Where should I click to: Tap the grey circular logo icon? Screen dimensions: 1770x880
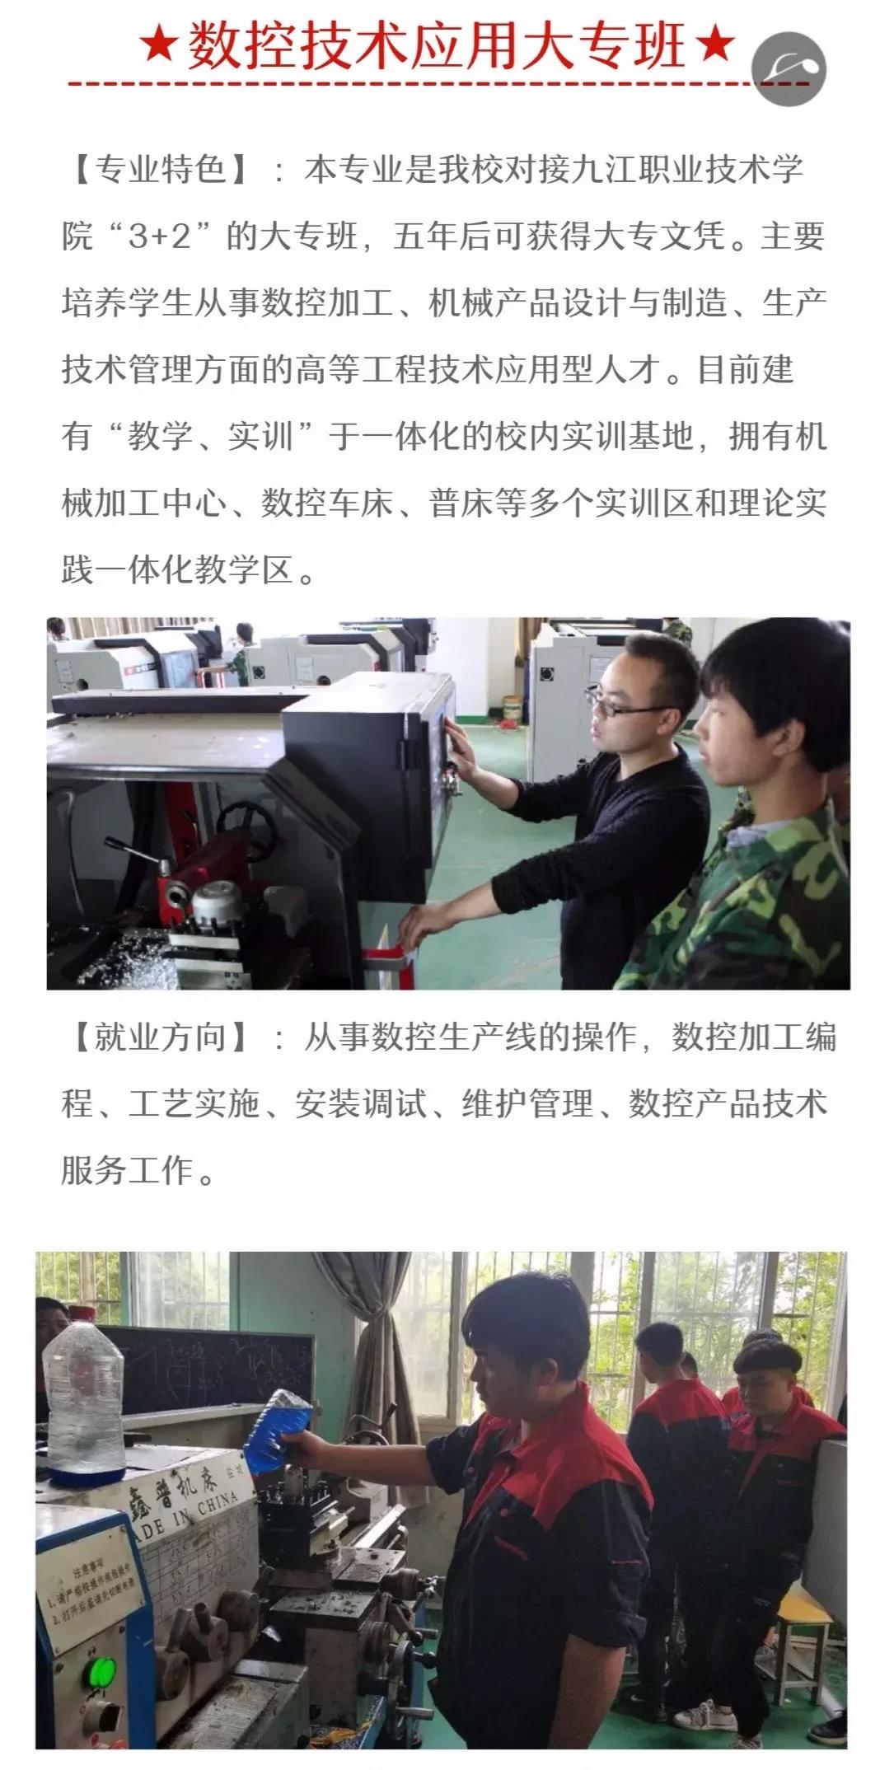point(789,69)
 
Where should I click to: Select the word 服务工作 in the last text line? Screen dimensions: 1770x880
point(128,1169)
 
